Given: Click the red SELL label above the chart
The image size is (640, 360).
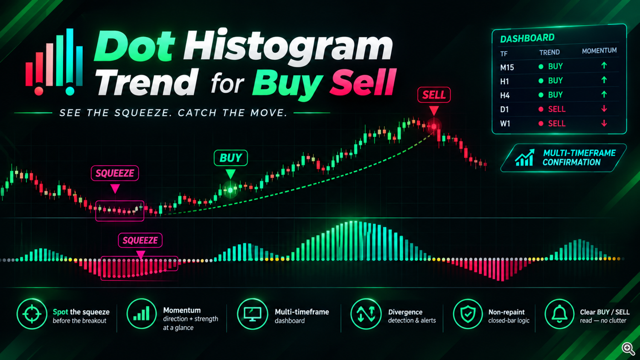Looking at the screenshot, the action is tap(434, 95).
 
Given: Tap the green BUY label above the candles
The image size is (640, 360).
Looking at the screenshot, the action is tap(230, 158).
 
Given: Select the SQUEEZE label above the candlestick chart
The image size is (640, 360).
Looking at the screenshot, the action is tap(115, 173).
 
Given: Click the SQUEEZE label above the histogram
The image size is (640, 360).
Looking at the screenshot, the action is tap(140, 240).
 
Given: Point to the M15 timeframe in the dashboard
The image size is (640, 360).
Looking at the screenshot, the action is tap(507, 68).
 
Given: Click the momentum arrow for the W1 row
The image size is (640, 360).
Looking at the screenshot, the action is tap(604, 123).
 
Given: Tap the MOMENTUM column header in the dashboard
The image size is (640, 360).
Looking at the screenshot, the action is tap(599, 51).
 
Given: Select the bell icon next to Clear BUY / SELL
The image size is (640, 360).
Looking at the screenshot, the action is tap(559, 314).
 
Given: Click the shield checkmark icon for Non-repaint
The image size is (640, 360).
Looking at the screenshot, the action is tap(468, 314).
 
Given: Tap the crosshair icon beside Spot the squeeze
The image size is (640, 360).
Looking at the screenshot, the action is tap(32, 314).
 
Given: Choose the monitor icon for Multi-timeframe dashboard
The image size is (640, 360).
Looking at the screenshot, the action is tap(252, 314).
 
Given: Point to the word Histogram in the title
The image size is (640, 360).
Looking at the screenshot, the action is tap(288, 45).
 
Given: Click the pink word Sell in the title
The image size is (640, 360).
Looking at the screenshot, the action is tap(363, 82).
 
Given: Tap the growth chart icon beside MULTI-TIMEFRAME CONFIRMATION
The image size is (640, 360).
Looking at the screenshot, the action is tap(524, 158).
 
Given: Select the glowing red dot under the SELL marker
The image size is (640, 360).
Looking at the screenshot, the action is tap(434, 126).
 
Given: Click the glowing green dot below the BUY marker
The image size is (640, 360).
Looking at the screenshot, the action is tap(230, 190).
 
